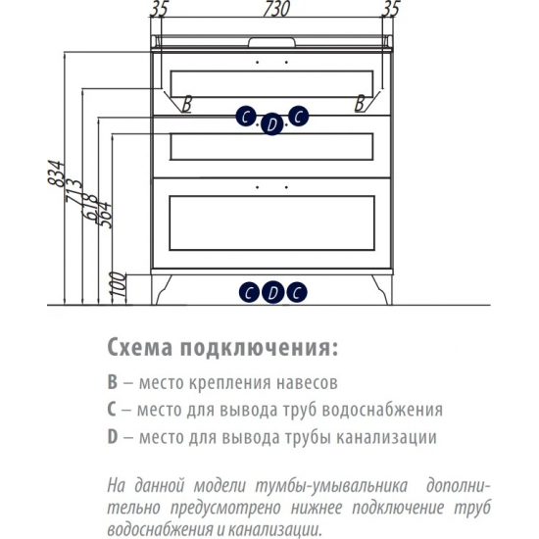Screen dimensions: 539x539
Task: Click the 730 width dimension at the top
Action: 276,9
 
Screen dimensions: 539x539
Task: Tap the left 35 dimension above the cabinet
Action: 159,9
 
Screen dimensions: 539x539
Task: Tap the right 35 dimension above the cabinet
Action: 391,9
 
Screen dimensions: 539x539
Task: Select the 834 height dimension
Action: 56,172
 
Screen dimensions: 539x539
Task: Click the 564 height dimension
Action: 104,215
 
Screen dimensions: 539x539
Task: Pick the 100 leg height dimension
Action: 118,284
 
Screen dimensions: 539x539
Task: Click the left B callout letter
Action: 186,104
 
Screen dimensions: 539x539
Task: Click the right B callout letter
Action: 360,103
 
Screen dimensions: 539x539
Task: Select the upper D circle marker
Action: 271,124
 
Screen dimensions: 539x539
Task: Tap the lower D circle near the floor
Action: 273,293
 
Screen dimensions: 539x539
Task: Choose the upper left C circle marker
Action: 246,117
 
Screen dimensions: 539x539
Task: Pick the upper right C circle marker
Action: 298,116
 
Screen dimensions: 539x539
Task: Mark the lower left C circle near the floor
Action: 250,293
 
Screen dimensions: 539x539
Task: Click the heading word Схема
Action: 140,348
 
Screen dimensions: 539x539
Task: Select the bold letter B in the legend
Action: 113,382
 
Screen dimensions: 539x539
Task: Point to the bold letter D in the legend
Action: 113,437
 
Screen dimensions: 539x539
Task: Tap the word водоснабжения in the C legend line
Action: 383,410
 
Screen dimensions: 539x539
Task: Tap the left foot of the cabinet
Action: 162,290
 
